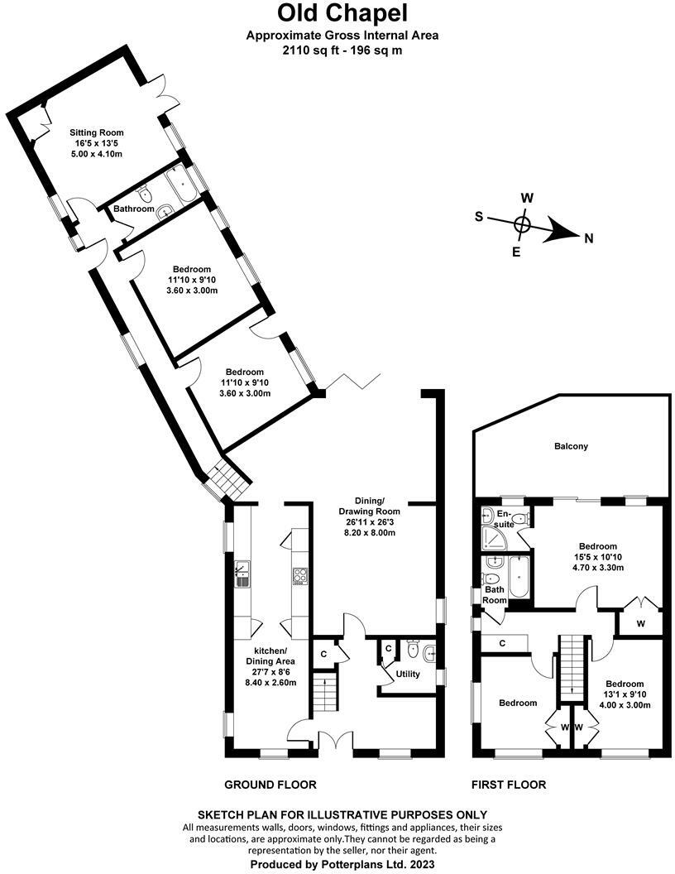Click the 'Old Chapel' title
342,12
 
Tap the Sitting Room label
96,132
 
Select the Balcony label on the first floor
571,446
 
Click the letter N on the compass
589,239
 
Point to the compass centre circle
522,224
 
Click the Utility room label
408,674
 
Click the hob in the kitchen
299,576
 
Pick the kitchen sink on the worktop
242,574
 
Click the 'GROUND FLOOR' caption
270,785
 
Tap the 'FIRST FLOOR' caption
509,785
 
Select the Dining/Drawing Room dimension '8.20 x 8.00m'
369,532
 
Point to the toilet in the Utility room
413,649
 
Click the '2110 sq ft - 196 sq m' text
342,50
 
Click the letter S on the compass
479,216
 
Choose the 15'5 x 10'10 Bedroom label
597,557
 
